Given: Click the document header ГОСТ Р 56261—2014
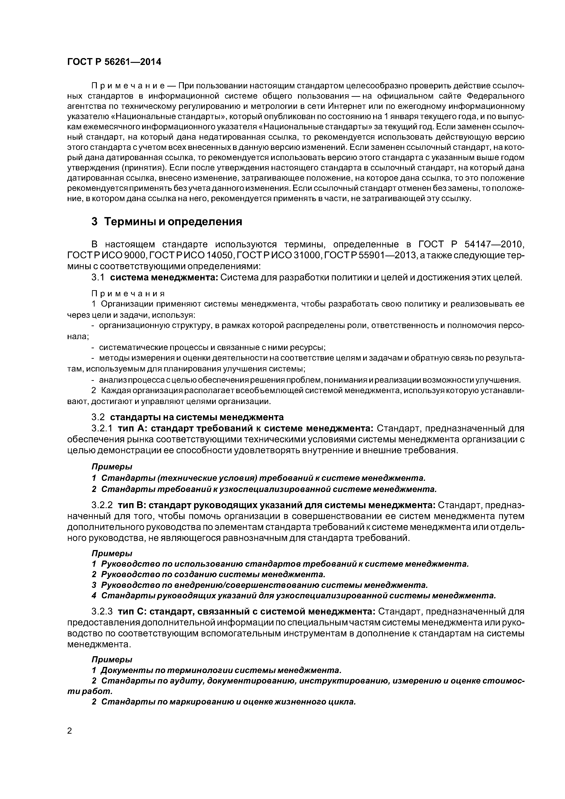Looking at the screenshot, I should click(114, 62).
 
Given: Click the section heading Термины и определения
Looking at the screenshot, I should click(173, 222).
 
